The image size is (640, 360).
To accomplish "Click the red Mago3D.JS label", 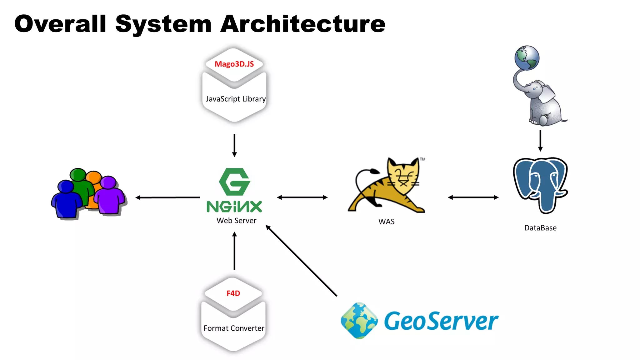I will tap(234, 64).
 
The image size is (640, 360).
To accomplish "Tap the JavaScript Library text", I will tap(236, 99).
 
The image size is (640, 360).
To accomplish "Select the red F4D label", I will tap(233, 293).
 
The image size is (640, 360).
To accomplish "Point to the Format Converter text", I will tap(234, 328).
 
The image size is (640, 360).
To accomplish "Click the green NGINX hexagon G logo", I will tap(234, 182).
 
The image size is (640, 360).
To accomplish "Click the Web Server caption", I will tap(236, 221).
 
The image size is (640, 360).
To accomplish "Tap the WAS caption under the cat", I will tap(386, 222).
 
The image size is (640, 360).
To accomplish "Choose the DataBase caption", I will tap(540, 228).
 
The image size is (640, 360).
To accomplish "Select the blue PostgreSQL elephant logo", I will tap(540, 184).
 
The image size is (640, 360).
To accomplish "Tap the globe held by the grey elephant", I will tap(527, 58).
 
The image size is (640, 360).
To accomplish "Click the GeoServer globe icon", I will tap(359, 321).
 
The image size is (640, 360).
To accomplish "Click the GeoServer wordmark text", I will tap(441, 321).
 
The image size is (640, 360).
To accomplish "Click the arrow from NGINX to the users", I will tap(168, 197).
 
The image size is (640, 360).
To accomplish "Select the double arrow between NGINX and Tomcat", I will tap(302, 197).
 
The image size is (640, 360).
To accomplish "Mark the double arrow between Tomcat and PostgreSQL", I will tap(473, 197).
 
